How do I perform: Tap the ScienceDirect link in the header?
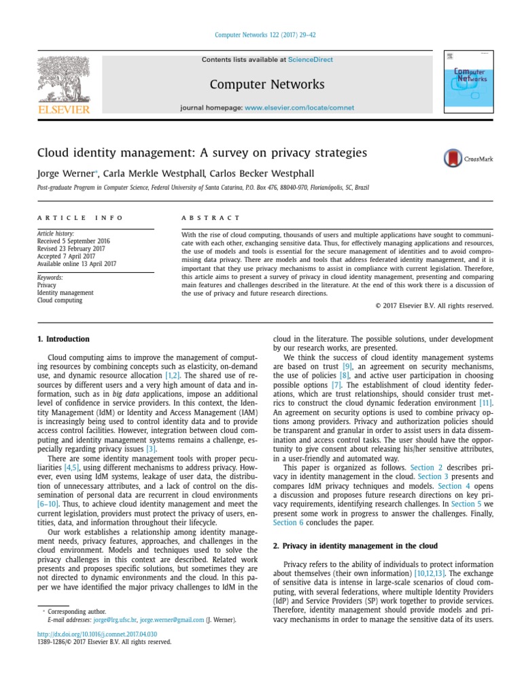point(311,60)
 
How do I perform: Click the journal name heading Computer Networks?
point(267,84)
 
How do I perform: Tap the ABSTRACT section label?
point(211,218)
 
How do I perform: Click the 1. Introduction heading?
point(63,339)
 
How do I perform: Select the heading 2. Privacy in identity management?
point(355,546)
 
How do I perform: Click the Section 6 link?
point(288,522)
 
